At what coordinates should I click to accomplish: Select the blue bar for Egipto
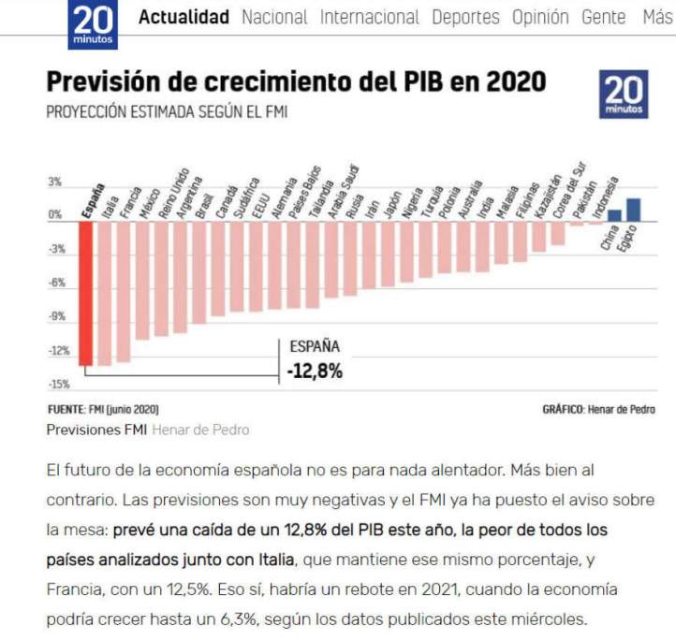tap(633, 206)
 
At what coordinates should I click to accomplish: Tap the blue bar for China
tap(614, 214)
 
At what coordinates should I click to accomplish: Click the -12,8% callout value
tap(315, 371)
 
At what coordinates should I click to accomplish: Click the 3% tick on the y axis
tap(55, 182)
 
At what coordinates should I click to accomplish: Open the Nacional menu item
tap(273, 17)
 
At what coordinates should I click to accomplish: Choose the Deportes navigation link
tap(465, 17)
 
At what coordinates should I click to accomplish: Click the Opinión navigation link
tap(540, 17)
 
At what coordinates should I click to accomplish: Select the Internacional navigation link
tap(369, 17)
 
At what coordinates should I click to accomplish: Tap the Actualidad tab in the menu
tap(184, 17)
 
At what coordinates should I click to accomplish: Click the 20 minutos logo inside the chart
tap(624, 95)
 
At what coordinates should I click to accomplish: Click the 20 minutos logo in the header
tap(92, 23)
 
